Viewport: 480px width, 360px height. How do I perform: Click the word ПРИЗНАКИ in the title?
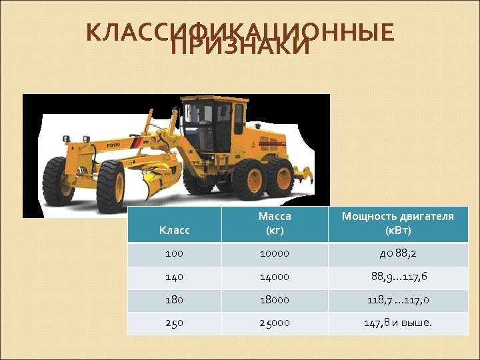click(240, 49)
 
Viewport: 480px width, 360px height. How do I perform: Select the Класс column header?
click(175, 230)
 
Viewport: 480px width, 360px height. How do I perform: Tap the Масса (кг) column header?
click(275, 223)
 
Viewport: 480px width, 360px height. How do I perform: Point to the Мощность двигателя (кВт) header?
click(398, 223)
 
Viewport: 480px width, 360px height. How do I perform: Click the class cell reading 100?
click(175, 254)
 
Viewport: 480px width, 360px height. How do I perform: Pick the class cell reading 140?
click(175, 277)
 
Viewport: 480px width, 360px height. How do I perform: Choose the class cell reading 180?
click(175, 300)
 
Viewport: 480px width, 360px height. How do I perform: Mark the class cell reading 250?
click(175, 323)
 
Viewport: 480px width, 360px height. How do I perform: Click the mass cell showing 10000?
click(275, 254)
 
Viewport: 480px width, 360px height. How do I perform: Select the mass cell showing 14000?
click(275, 277)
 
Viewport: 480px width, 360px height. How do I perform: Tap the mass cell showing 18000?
click(275, 300)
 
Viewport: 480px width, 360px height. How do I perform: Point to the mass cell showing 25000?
click(275, 323)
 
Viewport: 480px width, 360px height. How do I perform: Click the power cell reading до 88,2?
click(398, 254)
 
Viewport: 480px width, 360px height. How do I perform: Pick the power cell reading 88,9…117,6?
click(398, 277)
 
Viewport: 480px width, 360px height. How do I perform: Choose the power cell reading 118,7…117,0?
click(398, 300)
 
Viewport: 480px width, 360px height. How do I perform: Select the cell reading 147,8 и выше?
click(398, 323)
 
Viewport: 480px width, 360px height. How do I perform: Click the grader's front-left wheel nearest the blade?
click(111, 185)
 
